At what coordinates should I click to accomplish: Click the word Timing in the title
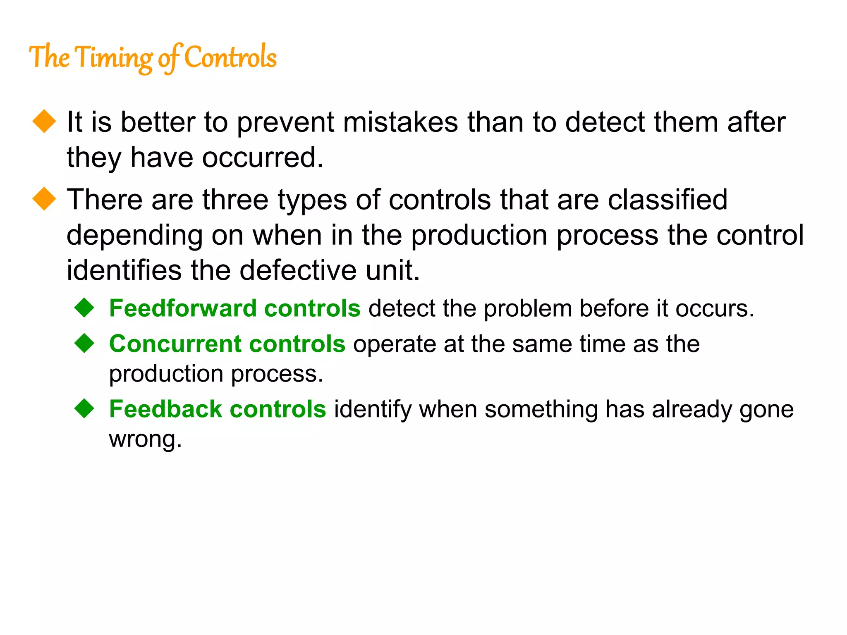(115, 58)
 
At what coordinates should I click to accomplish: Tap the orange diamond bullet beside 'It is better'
(44, 122)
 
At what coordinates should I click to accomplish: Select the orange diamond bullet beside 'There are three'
(44, 199)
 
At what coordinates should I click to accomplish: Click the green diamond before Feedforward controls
(85, 308)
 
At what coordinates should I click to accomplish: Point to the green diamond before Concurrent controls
(85, 343)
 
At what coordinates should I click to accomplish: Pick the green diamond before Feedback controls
(85, 408)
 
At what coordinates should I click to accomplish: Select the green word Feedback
(165, 409)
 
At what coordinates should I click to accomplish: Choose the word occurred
(262, 158)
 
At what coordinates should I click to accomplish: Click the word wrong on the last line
(145, 439)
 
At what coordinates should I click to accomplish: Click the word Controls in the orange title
(230, 58)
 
